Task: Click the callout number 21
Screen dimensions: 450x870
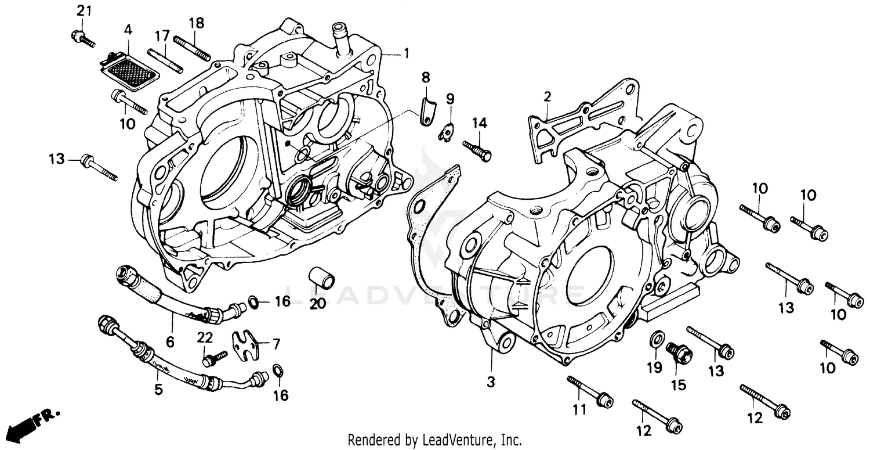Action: pyautogui.click(x=85, y=10)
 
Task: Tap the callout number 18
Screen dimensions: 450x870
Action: pyautogui.click(x=196, y=23)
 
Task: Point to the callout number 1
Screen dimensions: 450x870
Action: pyautogui.click(x=406, y=53)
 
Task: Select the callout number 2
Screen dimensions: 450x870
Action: pyautogui.click(x=546, y=96)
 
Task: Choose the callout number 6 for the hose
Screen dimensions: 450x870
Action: pyautogui.click(x=170, y=342)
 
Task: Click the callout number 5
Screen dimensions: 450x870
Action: pyautogui.click(x=158, y=390)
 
